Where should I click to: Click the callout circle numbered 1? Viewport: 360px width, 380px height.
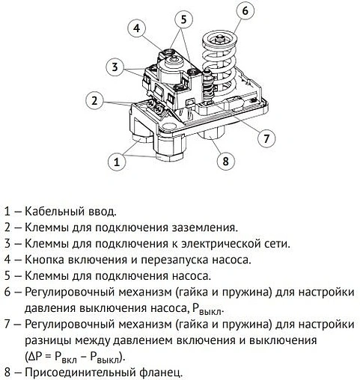tap(117, 160)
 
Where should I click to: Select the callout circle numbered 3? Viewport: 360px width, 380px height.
tap(115, 67)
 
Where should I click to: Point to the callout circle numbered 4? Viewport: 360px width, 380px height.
tap(135, 28)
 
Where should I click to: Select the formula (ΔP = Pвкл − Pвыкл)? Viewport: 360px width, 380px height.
tap(75, 357)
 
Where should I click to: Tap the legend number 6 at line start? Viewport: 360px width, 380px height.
tap(7, 292)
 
